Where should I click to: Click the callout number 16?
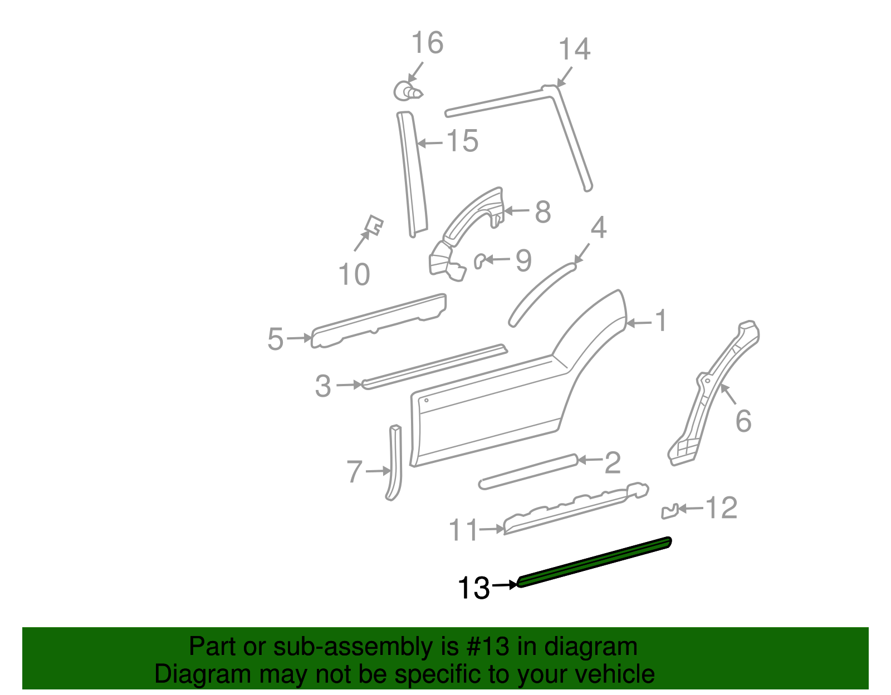427,43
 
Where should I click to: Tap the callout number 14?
574,50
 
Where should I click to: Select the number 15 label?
462,141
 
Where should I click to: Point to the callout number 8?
543,212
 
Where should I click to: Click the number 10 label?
354,274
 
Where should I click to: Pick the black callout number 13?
473,588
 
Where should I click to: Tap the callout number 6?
743,421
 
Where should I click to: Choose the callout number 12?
722,507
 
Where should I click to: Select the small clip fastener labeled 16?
407,91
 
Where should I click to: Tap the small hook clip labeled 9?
479,261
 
